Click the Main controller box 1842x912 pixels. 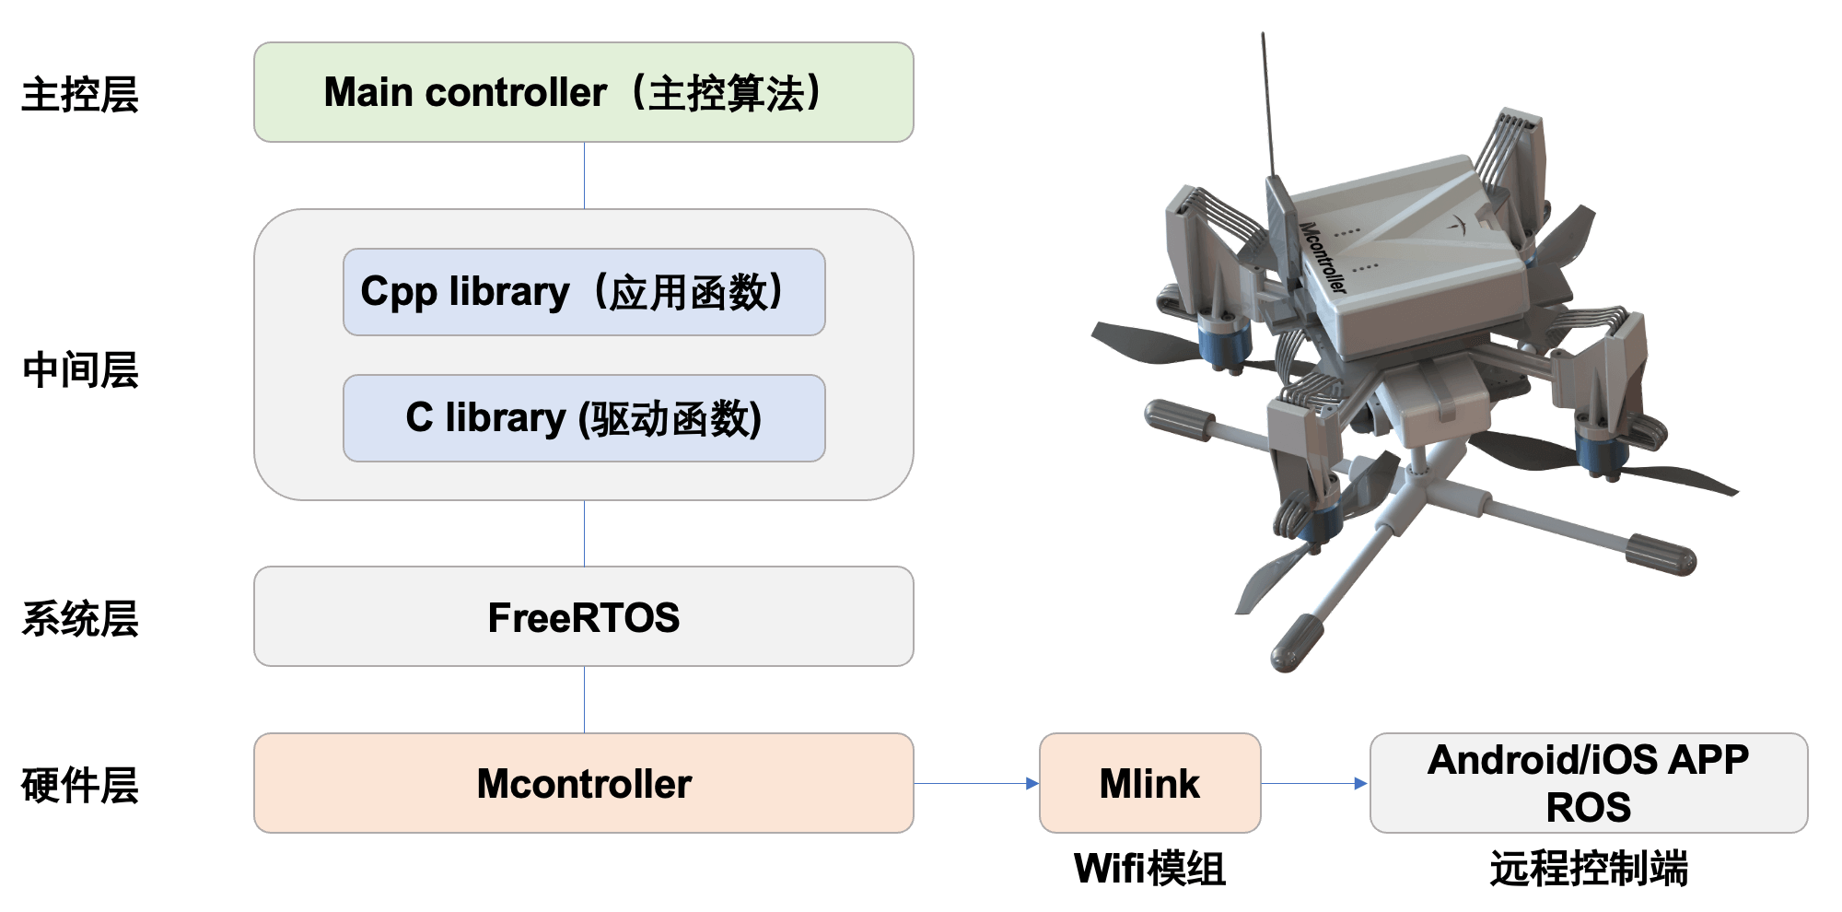[584, 92]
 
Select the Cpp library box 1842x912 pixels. [584, 292]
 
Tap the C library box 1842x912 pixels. [584, 418]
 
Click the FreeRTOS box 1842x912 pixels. [584, 616]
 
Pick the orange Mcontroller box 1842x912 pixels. [584, 783]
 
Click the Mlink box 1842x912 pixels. [1149, 783]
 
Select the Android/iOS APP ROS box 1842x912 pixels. [1589, 783]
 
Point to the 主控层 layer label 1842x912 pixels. [80, 95]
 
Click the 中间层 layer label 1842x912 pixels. [80, 370]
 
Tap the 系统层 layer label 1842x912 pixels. [80, 619]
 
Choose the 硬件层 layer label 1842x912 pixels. [80, 786]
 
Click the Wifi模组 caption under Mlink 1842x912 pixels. [1149, 869]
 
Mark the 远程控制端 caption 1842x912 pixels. [1589, 869]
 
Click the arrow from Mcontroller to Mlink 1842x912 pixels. [976, 784]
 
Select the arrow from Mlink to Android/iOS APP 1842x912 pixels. [1314, 784]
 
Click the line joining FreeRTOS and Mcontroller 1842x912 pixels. [585, 700]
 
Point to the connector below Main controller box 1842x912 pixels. [585, 175]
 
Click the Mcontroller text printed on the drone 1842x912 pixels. [1323, 257]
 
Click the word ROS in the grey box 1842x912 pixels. [1589, 808]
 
